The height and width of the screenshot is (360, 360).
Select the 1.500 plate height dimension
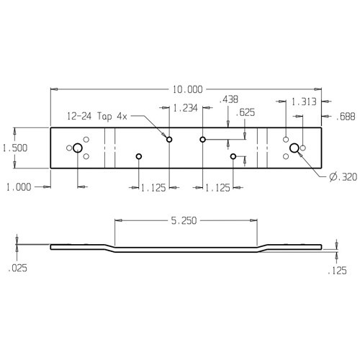click(14, 148)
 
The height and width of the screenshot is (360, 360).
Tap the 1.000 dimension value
click(18, 187)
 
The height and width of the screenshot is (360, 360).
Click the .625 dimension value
click(246, 112)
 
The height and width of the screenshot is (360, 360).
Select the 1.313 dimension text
click(305, 102)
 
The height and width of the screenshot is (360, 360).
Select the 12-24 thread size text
click(81, 115)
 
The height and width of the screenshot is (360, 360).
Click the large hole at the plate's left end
click(78, 148)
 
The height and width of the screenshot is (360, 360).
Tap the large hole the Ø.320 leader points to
click(294, 148)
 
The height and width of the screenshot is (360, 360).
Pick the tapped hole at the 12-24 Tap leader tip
click(169, 139)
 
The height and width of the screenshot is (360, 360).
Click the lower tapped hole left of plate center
click(139, 156)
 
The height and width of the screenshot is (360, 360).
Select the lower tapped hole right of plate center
click(233, 156)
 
